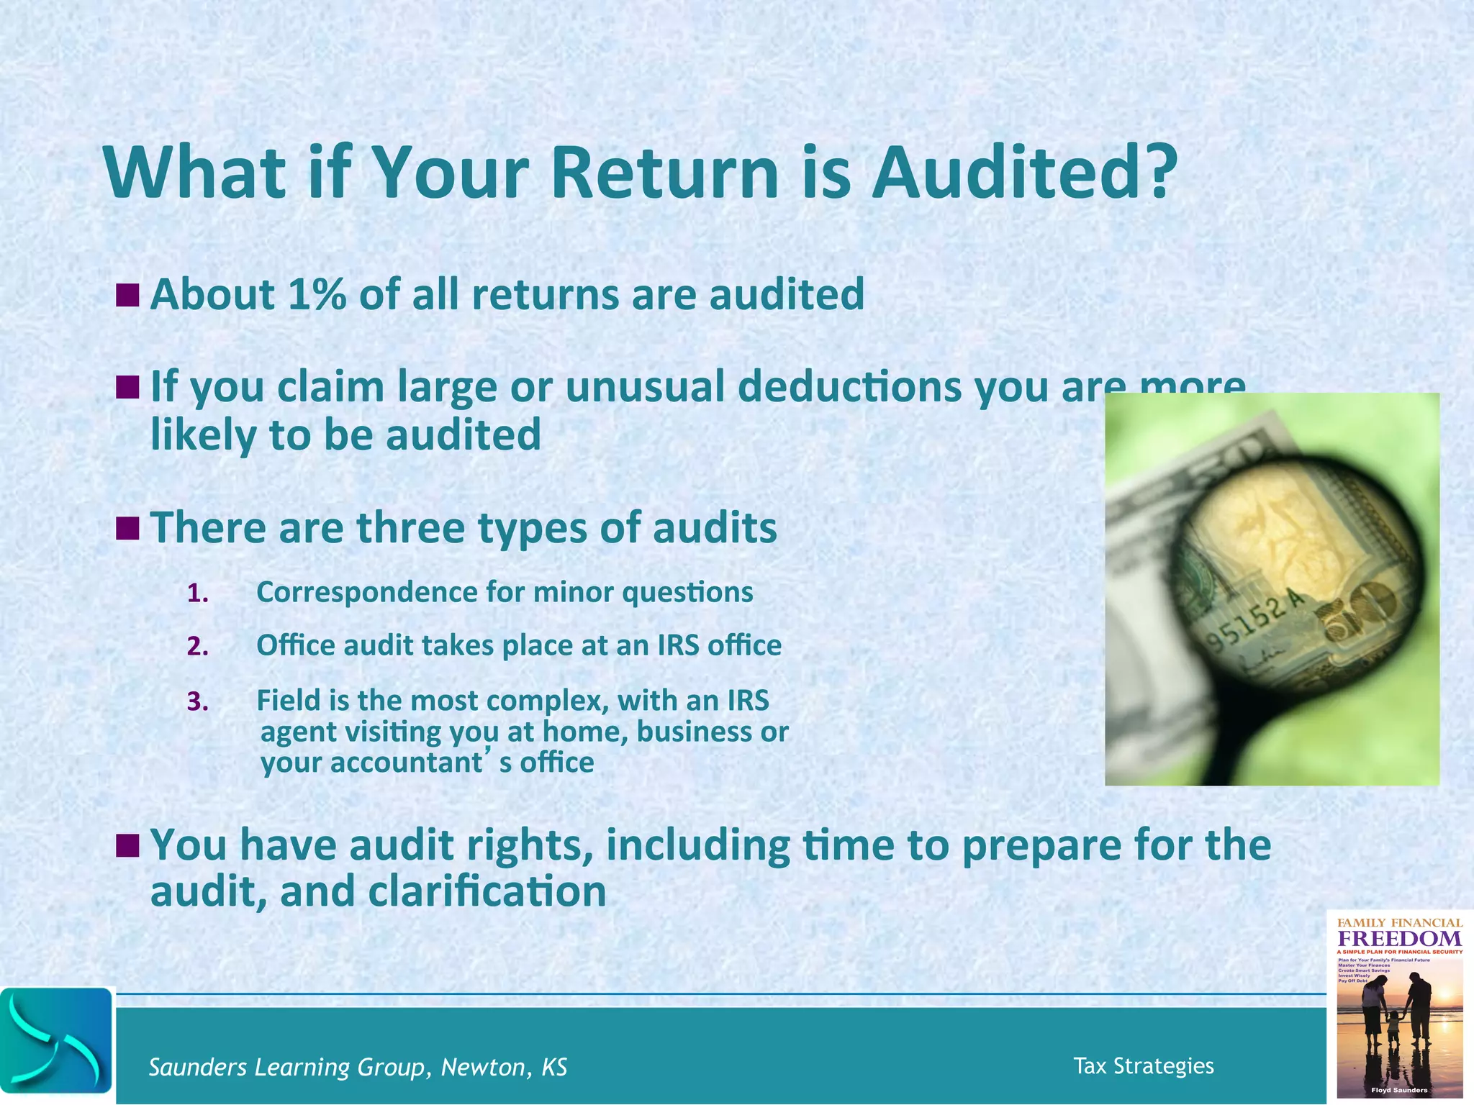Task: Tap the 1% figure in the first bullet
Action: pos(316,294)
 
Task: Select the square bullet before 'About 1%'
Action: pos(127,294)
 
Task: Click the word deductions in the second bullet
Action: pos(849,387)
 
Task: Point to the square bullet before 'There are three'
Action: pos(127,529)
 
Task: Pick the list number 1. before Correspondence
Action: pos(198,594)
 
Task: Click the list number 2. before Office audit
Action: pos(198,647)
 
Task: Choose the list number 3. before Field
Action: pos(198,701)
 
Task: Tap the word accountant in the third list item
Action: pos(407,763)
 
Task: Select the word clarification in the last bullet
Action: pos(487,891)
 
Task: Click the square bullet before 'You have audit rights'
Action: pos(127,846)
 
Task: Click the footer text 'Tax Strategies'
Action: pos(1143,1065)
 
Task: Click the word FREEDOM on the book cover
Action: pos(1399,939)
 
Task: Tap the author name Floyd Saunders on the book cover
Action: pos(1399,1090)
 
